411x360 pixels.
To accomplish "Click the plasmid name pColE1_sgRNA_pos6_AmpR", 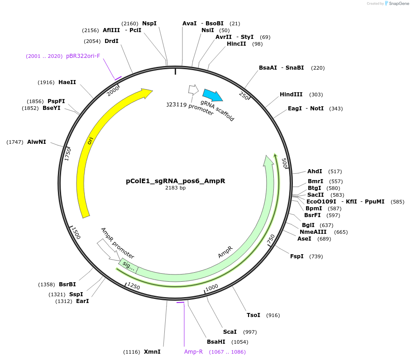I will (175, 181).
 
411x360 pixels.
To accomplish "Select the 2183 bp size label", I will (175, 188).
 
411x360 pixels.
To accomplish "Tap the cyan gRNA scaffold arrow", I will (212, 95).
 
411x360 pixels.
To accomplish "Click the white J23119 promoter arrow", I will (193, 89).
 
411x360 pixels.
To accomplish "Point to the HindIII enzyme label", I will (291, 95).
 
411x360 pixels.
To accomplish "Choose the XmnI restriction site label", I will (152, 351).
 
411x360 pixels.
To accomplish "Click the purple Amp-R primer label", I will (193, 351).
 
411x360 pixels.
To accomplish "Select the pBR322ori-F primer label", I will (83, 56).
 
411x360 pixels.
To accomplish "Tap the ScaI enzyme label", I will (230, 332).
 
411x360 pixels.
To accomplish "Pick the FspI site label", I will (297, 256).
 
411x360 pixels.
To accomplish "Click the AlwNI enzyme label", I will (36, 142).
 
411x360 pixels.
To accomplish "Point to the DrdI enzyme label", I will (111, 41).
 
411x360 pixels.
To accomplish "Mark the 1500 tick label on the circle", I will (76, 234).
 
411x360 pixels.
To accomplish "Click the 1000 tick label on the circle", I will (212, 288).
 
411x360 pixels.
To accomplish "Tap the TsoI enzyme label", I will (253, 315).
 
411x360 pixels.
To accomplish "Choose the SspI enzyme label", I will (76, 294).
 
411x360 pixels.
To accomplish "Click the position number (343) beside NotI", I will (336, 109).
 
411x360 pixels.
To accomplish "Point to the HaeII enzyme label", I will (67, 82).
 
